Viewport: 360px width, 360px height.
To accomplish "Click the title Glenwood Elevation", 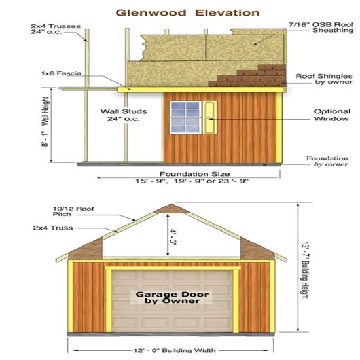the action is coord(187,13).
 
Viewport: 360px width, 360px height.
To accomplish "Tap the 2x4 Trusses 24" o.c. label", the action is coord(56,29).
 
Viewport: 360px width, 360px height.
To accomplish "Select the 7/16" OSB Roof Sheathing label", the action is coord(321,27).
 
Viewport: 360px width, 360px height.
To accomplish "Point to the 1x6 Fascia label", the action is coord(62,73).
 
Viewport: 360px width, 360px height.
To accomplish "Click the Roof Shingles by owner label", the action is coord(324,79).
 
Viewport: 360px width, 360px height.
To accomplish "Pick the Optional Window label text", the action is coord(332,115).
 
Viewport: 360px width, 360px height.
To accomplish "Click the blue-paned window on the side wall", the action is coord(185,117).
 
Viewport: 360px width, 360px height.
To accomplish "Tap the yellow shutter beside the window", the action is coord(209,117).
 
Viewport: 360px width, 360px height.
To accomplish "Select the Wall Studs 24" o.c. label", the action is coord(124,115).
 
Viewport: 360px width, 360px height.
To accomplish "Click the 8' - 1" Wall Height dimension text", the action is coord(45,122).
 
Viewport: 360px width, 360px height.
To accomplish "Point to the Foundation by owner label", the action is coord(327,161).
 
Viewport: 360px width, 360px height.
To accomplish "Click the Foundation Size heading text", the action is coord(194,174).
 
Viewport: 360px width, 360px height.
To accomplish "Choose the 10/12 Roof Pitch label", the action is coord(73,211).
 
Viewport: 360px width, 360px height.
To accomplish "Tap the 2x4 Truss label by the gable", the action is coord(53,228).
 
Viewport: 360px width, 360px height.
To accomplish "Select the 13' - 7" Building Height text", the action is coord(305,270).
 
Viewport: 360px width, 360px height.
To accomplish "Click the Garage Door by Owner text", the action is coord(172,297).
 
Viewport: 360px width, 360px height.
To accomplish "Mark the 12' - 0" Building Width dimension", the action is coord(175,350).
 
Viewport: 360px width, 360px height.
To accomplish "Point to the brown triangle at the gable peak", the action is coord(171,209).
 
